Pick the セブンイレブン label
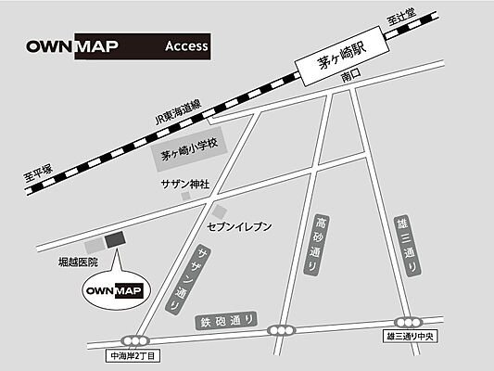point(238,225)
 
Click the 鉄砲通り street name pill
point(226,322)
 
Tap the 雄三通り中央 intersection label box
point(410,336)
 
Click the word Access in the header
point(185,45)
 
